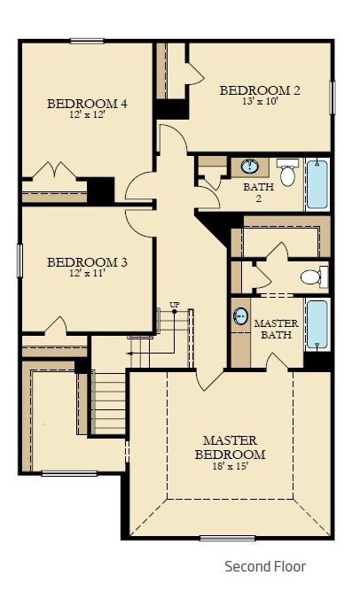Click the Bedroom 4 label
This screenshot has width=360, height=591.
pos(87,104)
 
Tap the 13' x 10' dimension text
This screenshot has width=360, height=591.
pos(261,101)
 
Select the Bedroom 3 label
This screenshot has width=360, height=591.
pos(87,262)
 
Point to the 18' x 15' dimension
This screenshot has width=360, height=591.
pos(230,466)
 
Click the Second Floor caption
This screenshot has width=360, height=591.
pos(265,566)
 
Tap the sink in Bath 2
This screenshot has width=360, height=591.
pos(250,167)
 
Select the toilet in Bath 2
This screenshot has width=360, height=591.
pos(287,172)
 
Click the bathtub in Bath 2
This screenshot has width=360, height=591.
pos(317,184)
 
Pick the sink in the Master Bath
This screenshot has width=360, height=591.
pos(240,315)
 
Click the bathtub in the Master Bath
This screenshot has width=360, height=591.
pos(317,324)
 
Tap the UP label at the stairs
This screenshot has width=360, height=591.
pos(175,305)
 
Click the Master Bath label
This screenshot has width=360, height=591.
pos(277,329)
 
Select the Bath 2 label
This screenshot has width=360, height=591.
pos(259,192)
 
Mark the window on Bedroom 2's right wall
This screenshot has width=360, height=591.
pos(333,97)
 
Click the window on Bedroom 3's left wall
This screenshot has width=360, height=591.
pos(20,261)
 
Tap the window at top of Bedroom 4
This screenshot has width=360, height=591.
pos(87,41)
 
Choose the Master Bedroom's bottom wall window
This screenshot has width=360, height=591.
pos(227,539)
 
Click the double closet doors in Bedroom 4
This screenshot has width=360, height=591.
pos(56,170)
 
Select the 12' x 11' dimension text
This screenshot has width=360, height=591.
pos(87,273)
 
